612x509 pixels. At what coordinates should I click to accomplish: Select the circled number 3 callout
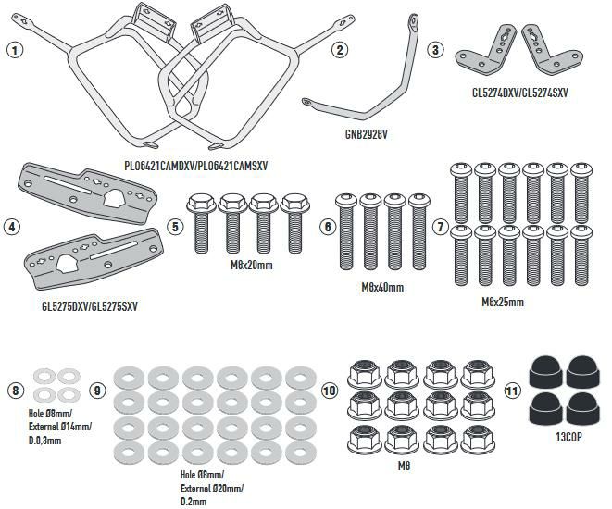click(x=435, y=51)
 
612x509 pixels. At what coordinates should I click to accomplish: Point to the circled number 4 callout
click(x=12, y=225)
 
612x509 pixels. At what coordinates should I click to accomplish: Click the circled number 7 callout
click(x=441, y=226)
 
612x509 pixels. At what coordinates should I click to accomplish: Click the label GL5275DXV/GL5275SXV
click(x=83, y=304)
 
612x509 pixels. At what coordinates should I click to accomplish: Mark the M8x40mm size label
click(x=381, y=288)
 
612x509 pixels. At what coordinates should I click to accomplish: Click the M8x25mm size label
click(x=503, y=302)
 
